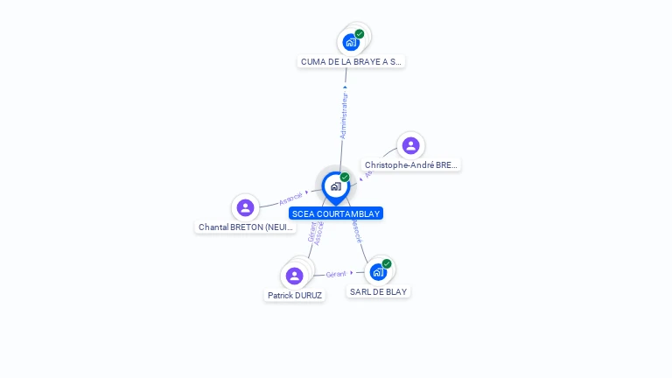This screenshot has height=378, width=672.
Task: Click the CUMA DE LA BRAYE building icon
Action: (351, 42)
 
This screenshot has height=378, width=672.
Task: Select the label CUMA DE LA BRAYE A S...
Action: (351, 62)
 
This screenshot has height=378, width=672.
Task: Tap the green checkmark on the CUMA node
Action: (360, 34)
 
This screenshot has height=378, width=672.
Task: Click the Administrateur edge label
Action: (344, 115)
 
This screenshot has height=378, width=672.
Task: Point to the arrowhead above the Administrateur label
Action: (345, 87)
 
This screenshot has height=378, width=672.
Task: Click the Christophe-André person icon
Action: (410, 145)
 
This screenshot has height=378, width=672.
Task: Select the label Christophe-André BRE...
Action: (411, 165)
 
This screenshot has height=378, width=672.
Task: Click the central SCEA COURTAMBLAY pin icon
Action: (335, 185)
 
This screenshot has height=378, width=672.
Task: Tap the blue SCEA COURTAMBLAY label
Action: (336, 213)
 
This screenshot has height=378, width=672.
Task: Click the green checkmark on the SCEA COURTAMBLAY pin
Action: (345, 178)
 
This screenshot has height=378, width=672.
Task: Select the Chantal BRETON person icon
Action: (245, 207)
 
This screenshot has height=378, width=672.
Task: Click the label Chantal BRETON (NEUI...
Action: (246, 227)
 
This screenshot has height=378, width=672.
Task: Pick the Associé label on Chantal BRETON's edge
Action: (291, 197)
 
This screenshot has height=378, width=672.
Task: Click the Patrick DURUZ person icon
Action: (295, 276)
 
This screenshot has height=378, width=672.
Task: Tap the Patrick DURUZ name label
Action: (295, 296)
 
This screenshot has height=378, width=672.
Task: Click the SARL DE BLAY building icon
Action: (378, 272)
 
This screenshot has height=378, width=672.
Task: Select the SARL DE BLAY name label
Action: (378, 291)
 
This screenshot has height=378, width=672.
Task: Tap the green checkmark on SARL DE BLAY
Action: (387, 263)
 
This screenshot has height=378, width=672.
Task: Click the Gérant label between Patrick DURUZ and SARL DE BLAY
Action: (336, 274)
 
